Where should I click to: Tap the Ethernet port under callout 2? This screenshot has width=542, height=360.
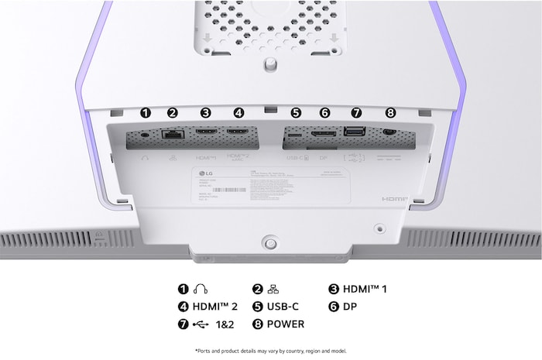(x=172, y=135)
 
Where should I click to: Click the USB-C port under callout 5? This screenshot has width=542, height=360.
(x=296, y=134)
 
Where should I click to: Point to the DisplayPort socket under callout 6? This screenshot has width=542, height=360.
(x=324, y=134)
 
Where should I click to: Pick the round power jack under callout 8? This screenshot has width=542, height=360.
(x=389, y=133)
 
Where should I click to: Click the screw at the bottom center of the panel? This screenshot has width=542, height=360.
(x=269, y=242)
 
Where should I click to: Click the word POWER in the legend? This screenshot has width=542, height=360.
(x=286, y=324)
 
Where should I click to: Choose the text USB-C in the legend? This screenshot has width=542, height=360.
(x=287, y=306)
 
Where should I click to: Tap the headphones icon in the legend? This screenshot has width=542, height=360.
(x=201, y=289)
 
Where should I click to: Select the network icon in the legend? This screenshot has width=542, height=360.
(x=273, y=289)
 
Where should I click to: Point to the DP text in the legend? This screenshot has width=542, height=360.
(x=351, y=306)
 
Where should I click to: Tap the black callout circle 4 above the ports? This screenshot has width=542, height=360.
(x=238, y=112)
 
